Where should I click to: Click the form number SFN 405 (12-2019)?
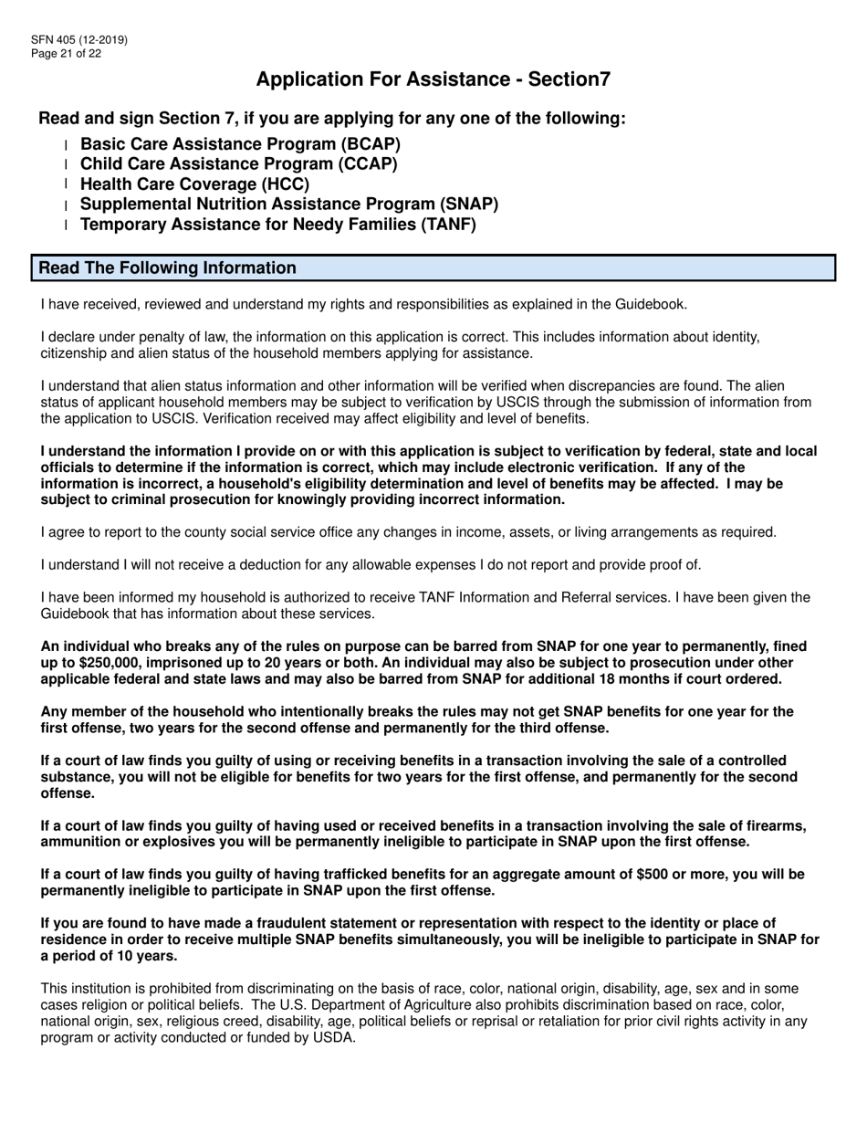(79, 40)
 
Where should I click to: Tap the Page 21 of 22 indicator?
(67, 54)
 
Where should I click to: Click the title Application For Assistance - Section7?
(433, 79)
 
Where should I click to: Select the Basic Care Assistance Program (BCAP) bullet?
(240, 144)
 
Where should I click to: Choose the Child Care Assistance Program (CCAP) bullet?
(239, 164)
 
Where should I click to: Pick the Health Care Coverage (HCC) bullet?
(195, 184)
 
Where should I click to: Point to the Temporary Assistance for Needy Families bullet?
(278, 224)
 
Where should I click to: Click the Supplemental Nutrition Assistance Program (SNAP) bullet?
(289, 204)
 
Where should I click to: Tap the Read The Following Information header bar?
(433, 268)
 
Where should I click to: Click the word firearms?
(777, 826)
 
